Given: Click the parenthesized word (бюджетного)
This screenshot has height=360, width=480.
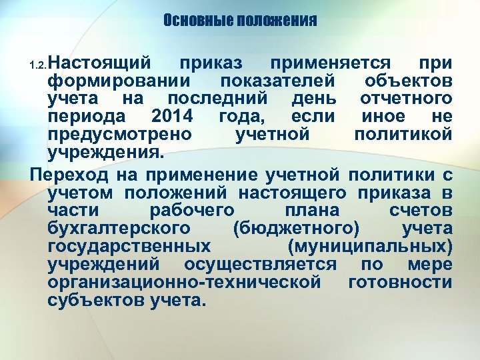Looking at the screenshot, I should tap(297, 229).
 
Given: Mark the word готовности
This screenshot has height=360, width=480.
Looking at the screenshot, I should tap(400, 282).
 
